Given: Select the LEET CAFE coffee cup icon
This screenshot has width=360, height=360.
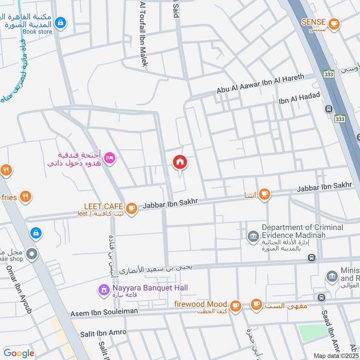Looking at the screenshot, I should coord(131,208).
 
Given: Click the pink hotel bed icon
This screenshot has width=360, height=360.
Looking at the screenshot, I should coord(109,158).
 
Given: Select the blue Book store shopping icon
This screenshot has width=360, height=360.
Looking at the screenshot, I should coord(60,22).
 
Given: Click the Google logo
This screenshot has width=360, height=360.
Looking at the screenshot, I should coord(19,353).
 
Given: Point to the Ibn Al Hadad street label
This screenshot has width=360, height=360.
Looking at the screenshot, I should coord(299,98).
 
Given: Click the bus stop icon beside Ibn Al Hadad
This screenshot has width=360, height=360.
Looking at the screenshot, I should coord(329,109).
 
